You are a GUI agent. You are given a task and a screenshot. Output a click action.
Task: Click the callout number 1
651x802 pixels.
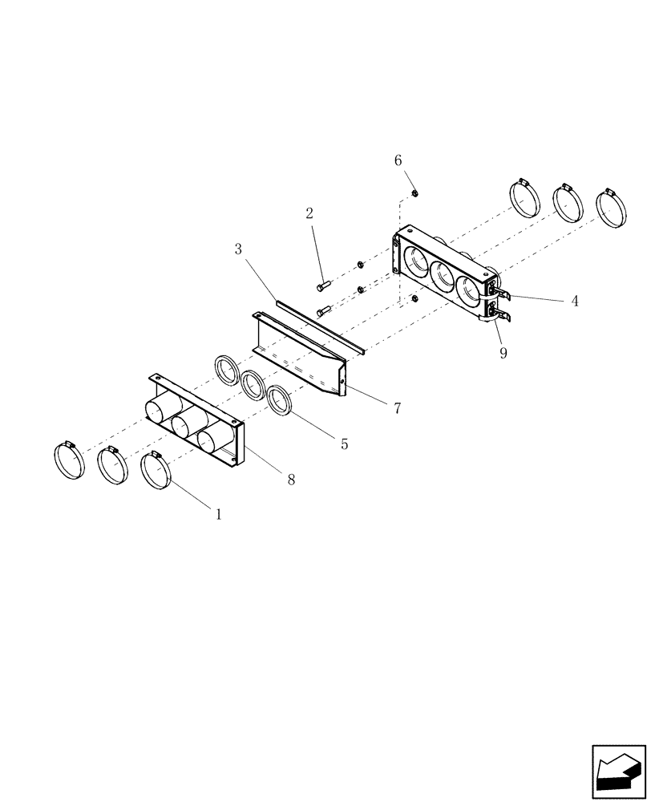click(x=216, y=514)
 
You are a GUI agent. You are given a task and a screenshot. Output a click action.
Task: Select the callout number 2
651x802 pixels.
click(x=309, y=213)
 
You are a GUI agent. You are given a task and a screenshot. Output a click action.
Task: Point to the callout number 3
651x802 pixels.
click(x=238, y=249)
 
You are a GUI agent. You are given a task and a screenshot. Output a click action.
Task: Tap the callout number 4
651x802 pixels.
click(x=575, y=302)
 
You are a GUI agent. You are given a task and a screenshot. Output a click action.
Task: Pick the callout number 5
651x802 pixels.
click(x=344, y=444)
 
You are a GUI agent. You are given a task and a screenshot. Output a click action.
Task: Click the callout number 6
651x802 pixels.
click(x=398, y=160)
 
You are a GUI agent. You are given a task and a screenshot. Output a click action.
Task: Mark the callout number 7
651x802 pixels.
click(x=397, y=408)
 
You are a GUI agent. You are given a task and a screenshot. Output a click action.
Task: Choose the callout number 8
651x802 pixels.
click(x=291, y=479)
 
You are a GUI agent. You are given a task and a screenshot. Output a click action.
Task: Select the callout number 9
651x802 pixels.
click(x=503, y=353)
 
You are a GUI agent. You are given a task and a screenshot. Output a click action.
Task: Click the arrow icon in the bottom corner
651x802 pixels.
click(x=618, y=772)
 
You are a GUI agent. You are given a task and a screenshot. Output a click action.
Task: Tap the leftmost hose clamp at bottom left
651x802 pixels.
click(x=70, y=460)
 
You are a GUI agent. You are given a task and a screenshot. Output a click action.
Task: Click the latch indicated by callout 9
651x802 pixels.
click(x=497, y=312)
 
